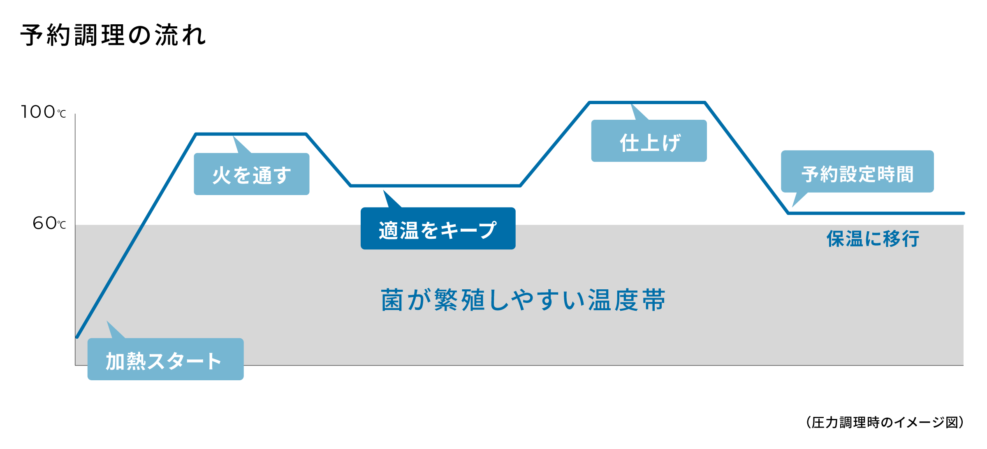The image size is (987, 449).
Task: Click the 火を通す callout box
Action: pyautogui.click(x=251, y=174)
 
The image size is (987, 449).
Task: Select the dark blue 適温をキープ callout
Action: pyautogui.click(x=438, y=228)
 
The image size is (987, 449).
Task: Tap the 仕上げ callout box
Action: pyautogui.click(x=649, y=141)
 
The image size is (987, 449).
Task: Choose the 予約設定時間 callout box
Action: pyautogui.click(x=857, y=172)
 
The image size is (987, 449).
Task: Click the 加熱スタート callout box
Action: pyautogui.click(x=165, y=359)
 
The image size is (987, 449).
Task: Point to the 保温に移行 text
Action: pyautogui.click(x=873, y=239)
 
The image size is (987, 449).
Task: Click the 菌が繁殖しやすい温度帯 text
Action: pyautogui.click(x=523, y=300)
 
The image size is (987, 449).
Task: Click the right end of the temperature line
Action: pyautogui.click(x=963, y=213)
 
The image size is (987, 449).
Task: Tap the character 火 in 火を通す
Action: pyautogui.click(x=222, y=175)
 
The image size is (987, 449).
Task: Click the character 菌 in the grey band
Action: pyautogui.click(x=392, y=300)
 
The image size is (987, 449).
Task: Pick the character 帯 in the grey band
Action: pyautogui.click(x=654, y=300)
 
